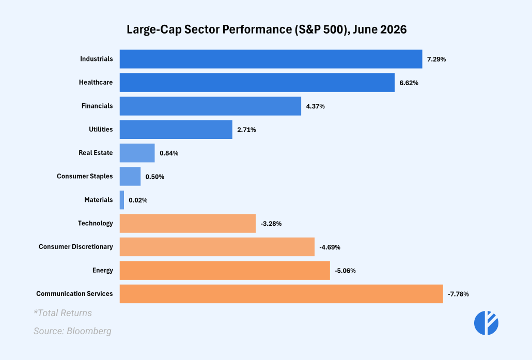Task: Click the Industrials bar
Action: tap(271, 59)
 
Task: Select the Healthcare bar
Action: tap(257, 83)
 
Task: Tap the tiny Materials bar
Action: tap(122, 200)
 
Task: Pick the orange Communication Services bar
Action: tap(281, 294)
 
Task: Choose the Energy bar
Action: tap(225, 271)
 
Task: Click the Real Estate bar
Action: tap(137, 153)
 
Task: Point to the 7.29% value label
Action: tap(436, 59)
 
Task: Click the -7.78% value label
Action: tap(458, 294)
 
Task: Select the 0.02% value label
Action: tap(138, 200)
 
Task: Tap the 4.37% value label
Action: tap(315, 106)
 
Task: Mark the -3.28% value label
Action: tap(271, 224)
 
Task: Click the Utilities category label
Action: tap(101, 129)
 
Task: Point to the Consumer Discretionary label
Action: tap(75, 247)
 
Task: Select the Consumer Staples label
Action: tap(85, 177)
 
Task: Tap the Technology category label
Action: tap(96, 223)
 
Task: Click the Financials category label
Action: tap(97, 106)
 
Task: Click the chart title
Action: tap(267, 29)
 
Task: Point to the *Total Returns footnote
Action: tap(63, 313)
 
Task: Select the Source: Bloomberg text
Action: tap(72, 331)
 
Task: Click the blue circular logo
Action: tap(486, 323)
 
